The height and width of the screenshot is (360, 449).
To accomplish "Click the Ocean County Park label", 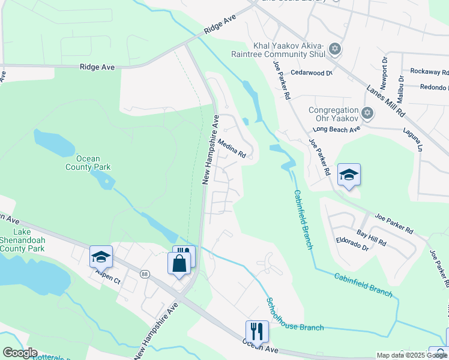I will pos(83,163).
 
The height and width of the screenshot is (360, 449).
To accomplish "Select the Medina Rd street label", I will pos(232,148).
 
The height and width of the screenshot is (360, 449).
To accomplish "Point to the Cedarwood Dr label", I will pos(311,73).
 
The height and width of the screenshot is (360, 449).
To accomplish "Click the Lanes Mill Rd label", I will pos(386,101).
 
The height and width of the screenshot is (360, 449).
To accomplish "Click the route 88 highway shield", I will pos(145,274).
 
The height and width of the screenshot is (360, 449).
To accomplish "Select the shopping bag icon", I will pos(179,262).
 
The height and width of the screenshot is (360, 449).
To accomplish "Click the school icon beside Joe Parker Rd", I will pos(349,175).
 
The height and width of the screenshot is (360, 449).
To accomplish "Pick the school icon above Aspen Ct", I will pos(101,257).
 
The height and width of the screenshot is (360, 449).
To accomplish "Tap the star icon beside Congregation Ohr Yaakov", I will pos(368,112).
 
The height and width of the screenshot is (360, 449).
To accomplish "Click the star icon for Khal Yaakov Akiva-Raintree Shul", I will pos(335,49).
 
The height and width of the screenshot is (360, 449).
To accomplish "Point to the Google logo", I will pos(20,353).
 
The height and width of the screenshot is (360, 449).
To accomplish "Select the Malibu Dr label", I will pos(400,84).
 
